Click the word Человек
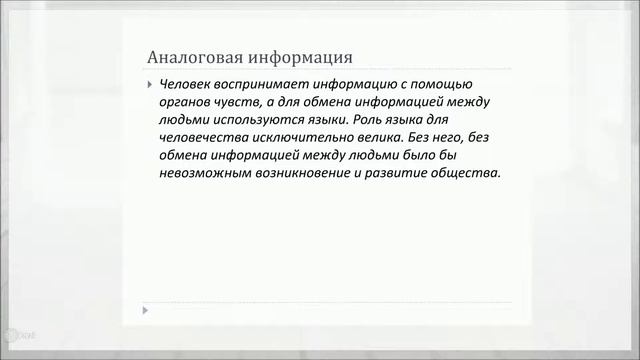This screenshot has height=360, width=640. tap(189, 84)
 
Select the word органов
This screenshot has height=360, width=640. tap(184, 102)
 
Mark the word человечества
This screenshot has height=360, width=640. tap(205, 138)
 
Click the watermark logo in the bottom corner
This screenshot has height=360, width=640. tap(18, 337)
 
